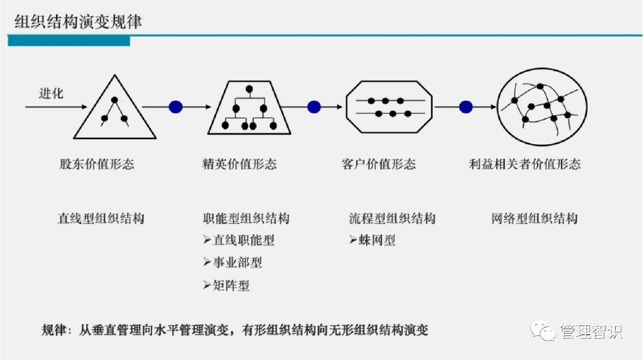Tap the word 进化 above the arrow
(x=51, y=93)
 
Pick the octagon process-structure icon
(x=389, y=107)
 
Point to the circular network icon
(x=542, y=106)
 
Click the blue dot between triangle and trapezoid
(x=175, y=107)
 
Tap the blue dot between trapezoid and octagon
(x=314, y=107)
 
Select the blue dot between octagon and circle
(x=465, y=107)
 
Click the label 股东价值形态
(x=97, y=164)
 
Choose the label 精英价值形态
(x=240, y=164)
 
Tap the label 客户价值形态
(x=379, y=164)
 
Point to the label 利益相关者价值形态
(x=525, y=164)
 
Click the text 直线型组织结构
(x=101, y=218)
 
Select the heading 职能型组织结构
(x=247, y=218)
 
